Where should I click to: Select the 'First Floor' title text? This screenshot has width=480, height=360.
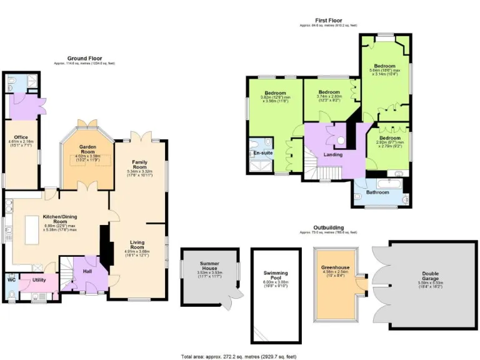tap(327, 21)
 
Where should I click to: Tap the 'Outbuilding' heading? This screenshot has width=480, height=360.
tap(327, 227)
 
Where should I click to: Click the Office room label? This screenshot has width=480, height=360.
tap(21, 137)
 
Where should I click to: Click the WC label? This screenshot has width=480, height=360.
tap(11, 279)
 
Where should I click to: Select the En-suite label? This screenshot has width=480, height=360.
tap(262, 152)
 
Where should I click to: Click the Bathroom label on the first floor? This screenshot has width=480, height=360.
tap(377, 192)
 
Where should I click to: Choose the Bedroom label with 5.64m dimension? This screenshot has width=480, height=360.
tap(384, 65)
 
